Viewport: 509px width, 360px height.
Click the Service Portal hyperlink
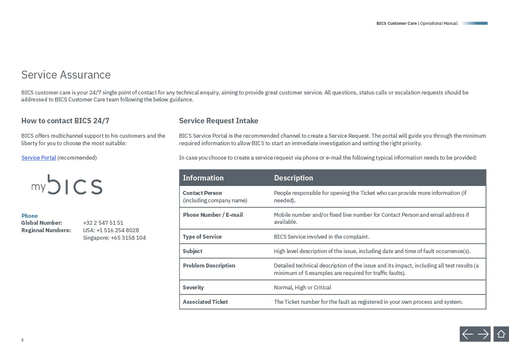[38, 158]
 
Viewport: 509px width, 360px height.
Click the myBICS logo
[67, 185]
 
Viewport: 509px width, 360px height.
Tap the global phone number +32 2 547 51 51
[103, 223]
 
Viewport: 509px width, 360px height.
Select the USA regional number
[111, 230]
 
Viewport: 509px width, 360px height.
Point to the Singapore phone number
[114, 238]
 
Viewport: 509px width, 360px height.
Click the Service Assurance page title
[66, 75]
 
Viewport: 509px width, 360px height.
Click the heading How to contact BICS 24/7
[65, 121]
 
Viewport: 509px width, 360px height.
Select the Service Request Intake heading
[218, 121]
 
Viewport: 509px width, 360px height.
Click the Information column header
[203, 178]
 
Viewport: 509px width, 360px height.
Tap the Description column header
[293, 178]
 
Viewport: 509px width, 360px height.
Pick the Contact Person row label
[202, 193]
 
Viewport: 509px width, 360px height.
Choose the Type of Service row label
[202, 237]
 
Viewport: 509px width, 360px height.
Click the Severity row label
[193, 287]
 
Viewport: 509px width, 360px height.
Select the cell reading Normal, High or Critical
[302, 287]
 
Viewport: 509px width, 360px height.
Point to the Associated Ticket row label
[205, 302]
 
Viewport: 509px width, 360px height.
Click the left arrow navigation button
[467, 334]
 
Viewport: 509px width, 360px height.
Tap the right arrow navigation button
[483, 334]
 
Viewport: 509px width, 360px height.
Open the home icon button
[501, 334]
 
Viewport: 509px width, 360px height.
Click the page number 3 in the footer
[22, 340]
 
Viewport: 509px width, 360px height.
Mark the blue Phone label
[29, 216]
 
